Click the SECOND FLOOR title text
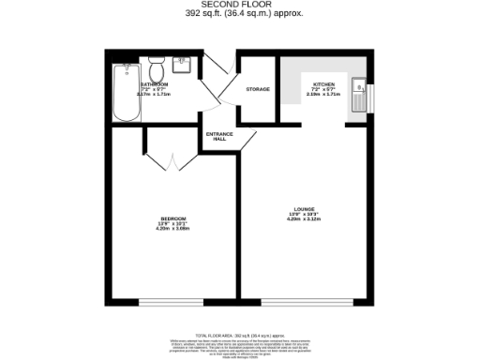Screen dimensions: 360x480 point(240,5)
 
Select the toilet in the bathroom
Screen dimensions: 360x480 point(157,72)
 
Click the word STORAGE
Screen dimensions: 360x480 point(258,89)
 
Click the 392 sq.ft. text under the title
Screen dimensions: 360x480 point(240,14)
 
